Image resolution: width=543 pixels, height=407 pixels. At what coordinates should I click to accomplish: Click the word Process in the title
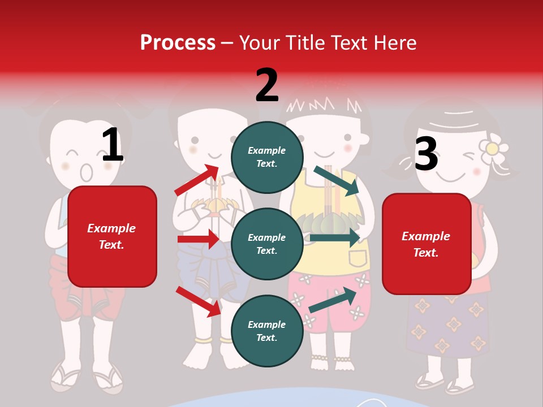178,43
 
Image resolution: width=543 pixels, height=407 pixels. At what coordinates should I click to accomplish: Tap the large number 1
113,145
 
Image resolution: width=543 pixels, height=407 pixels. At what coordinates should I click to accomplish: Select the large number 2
267,85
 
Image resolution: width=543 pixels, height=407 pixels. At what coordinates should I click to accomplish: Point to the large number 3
426,154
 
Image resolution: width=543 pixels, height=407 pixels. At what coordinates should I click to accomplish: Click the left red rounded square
112,236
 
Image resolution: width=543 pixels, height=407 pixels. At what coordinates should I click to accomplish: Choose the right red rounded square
426,244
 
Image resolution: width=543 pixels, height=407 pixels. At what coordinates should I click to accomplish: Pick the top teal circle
267,157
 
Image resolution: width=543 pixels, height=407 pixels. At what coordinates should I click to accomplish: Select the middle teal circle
267,244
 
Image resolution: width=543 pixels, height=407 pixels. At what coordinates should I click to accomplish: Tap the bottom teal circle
267,331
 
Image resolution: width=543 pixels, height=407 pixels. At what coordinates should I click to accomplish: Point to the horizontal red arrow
198,239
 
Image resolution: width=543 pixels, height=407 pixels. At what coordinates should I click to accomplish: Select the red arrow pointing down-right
199,301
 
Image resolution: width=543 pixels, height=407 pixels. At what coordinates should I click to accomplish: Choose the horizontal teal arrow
335,237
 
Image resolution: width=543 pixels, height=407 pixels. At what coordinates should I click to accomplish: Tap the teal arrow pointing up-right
333,300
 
